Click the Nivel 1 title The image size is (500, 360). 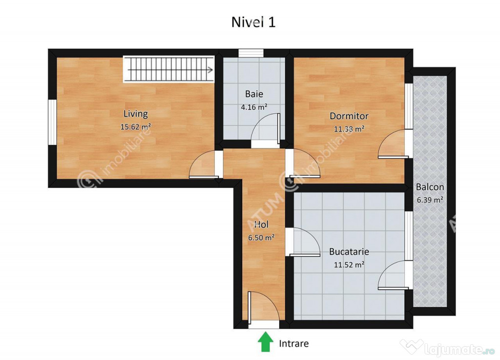tap(253, 22)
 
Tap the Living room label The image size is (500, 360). tap(136, 114)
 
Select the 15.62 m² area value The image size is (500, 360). tap(136, 127)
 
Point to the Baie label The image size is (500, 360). tap(254, 94)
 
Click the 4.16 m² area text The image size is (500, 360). tap(254, 107)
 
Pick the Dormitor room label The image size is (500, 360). tap(349, 116)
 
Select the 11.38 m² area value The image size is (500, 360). tap(349, 129)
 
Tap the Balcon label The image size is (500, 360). tap(430, 187)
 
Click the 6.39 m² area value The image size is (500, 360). tap(430, 200)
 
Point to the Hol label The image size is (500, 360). tap(261, 225)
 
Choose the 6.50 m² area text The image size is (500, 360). tap(261, 237)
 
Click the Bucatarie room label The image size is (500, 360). tap(349, 252)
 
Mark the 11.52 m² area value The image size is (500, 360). tap(349, 265)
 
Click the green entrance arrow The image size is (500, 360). tap(265, 341)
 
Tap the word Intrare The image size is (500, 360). tap(293, 344)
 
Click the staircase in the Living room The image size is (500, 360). tap(168, 69)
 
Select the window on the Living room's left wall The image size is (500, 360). tap(52, 122)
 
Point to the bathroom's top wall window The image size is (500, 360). tap(251, 53)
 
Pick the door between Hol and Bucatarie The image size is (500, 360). tap(303, 242)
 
